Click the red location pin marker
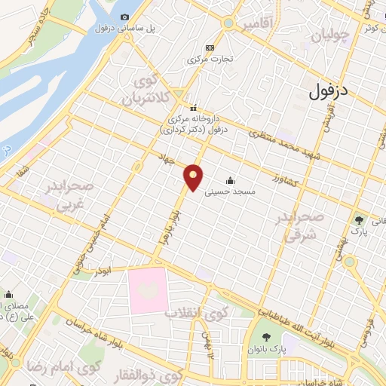[195, 177]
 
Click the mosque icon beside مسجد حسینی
[229, 181]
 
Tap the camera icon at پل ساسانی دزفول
[124, 17]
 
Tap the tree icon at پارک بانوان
[265, 337]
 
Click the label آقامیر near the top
[257, 25]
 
